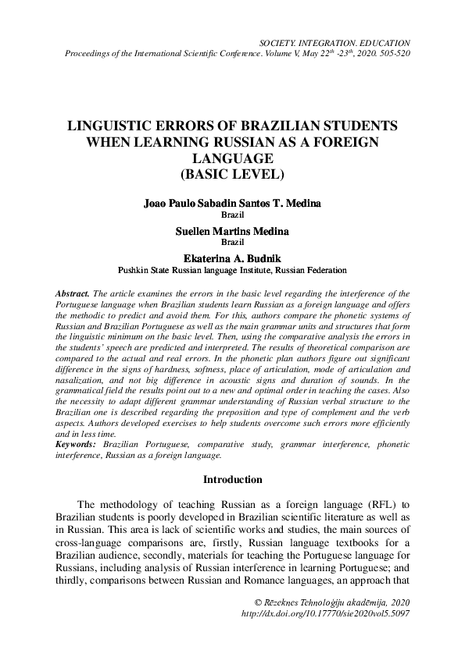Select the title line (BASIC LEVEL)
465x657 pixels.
pos(232,172)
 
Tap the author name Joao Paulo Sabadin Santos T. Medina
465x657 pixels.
pos(232,203)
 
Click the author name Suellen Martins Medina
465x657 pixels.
pos(232,231)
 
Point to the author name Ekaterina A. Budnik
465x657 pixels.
pos(232,259)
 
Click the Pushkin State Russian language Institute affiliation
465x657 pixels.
pos(232,270)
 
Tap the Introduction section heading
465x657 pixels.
pos(232,479)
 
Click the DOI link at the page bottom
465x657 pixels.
pos(326,614)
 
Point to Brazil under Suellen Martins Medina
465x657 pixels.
pos(232,242)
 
